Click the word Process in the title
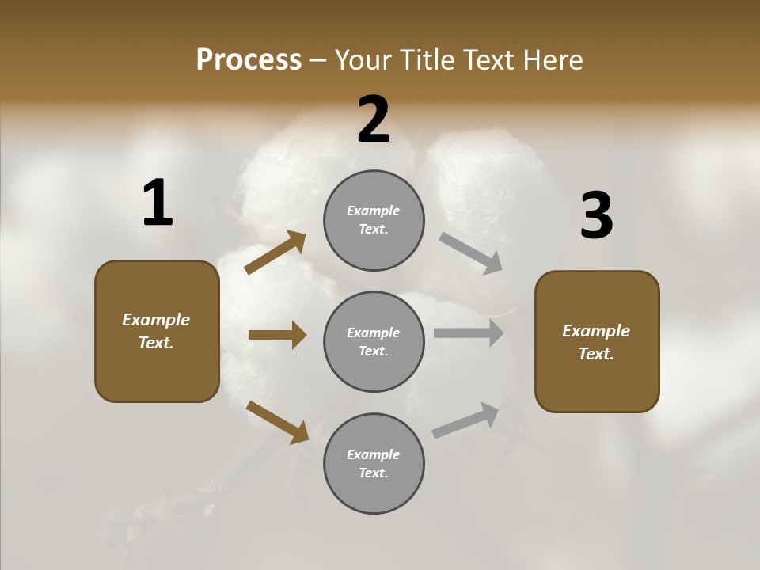pyautogui.click(x=249, y=60)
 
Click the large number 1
pyautogui.click(x=158, y=203)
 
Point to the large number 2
pyautogui.click(x=374, y=119)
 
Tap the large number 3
pyautogui.click(x=596, y=215)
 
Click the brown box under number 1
pyautogui.click(x=157, y=331)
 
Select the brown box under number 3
pyautogui.click(x=597, y=341)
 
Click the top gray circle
pyautogui.click(x=374, y=220)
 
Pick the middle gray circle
pyautogui.click(x=374, y=341)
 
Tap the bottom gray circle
pyautogui.click(x=374, y=463)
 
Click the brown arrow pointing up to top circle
pyautogui.click(x=275, y=253)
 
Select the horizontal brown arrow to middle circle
pyautogui.click(x=277, y=335)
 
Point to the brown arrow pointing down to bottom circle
pyautogui.click(x=278, y=422)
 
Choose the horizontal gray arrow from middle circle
pyautogui.click(x=469, y=333)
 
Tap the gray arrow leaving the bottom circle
pyautogui.click(x=465, y=420)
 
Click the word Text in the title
pyautogui.click(x=488, y=60)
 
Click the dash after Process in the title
pyautogui.click(x=318, y=61)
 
